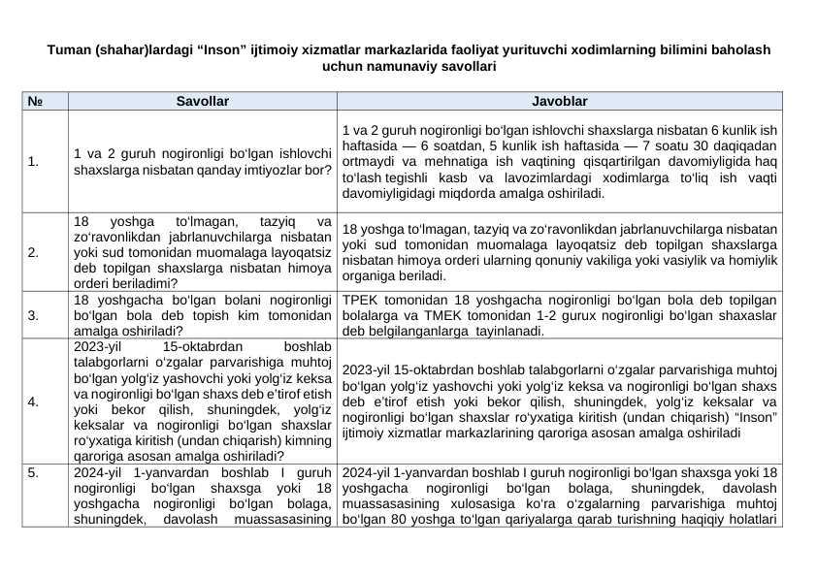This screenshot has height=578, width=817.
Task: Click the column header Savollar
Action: point(202,101)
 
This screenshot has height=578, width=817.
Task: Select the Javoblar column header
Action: point(559,101)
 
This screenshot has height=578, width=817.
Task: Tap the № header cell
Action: point(35,101)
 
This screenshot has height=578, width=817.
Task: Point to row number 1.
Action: point(34,162)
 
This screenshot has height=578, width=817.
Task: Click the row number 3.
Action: point(34,315)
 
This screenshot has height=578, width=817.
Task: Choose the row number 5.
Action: point(34,472)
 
